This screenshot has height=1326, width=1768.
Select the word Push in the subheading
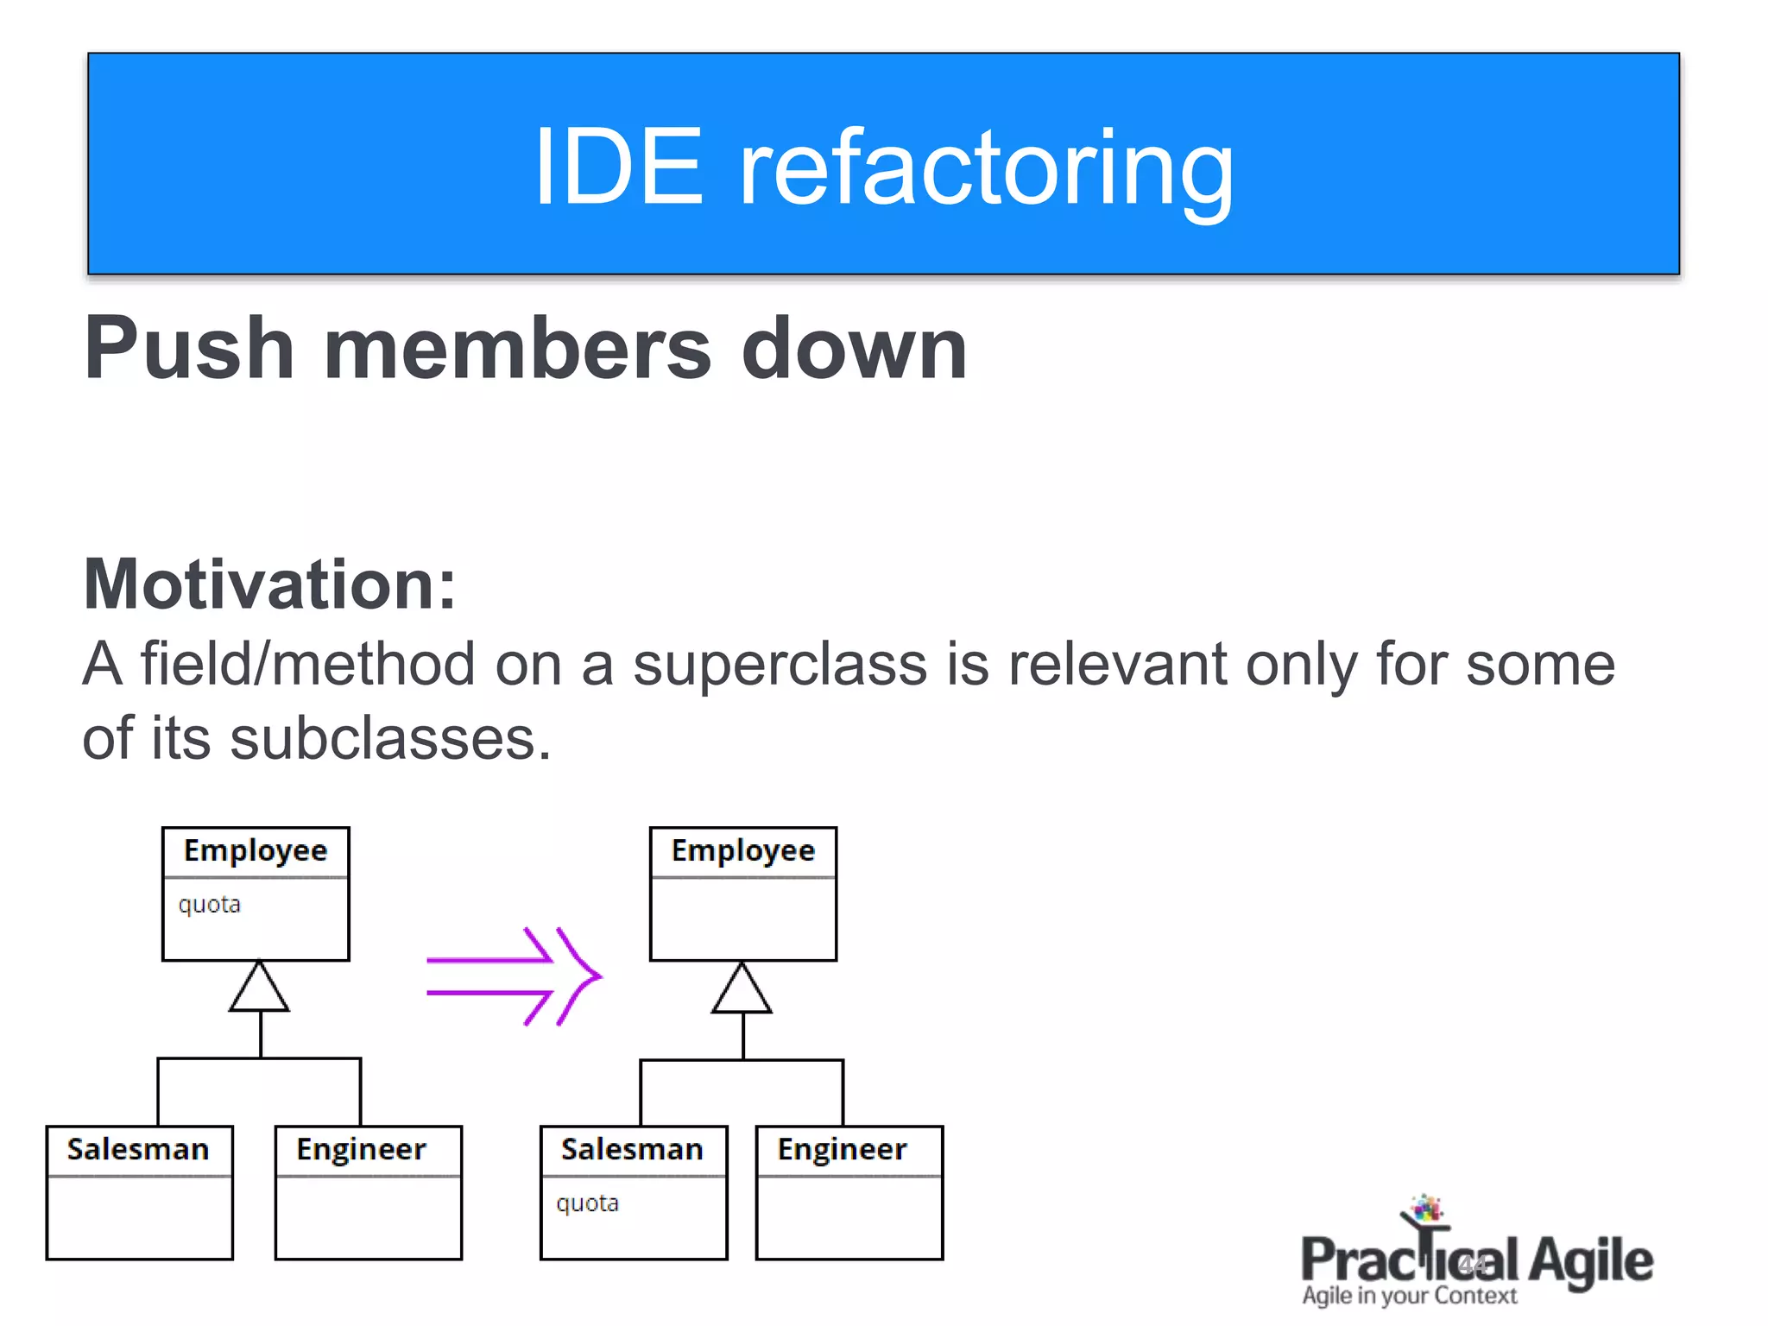coord(189,349)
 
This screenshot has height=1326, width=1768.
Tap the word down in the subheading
coord(854,349)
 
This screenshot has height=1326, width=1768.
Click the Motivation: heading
coord(269,584)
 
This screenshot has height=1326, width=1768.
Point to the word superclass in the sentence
coord(780,665)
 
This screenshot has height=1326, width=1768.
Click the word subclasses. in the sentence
coord(390,740)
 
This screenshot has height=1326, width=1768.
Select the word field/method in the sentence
coord(307,665)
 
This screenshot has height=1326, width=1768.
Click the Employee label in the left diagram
coord(256,851)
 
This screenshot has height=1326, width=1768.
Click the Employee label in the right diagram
coord(743,851)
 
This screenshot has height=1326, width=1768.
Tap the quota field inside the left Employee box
coord(209,905)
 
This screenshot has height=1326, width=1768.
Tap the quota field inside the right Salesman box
coord(587,1203)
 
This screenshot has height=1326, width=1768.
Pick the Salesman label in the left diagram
coord(138,1150)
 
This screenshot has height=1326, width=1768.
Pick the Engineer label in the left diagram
coord(361,1150)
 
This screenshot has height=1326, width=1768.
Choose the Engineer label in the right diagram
coord(842,1150)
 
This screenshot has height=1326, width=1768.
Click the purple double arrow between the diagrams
coord(514,976)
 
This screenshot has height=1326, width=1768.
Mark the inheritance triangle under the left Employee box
coord(259,989)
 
